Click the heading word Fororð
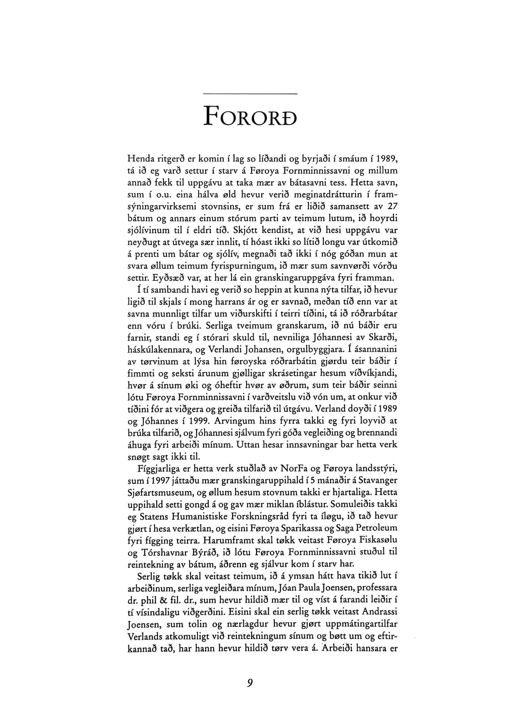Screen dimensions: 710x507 (x=250, y=116)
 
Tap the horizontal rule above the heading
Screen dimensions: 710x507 (x=250, y=93)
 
